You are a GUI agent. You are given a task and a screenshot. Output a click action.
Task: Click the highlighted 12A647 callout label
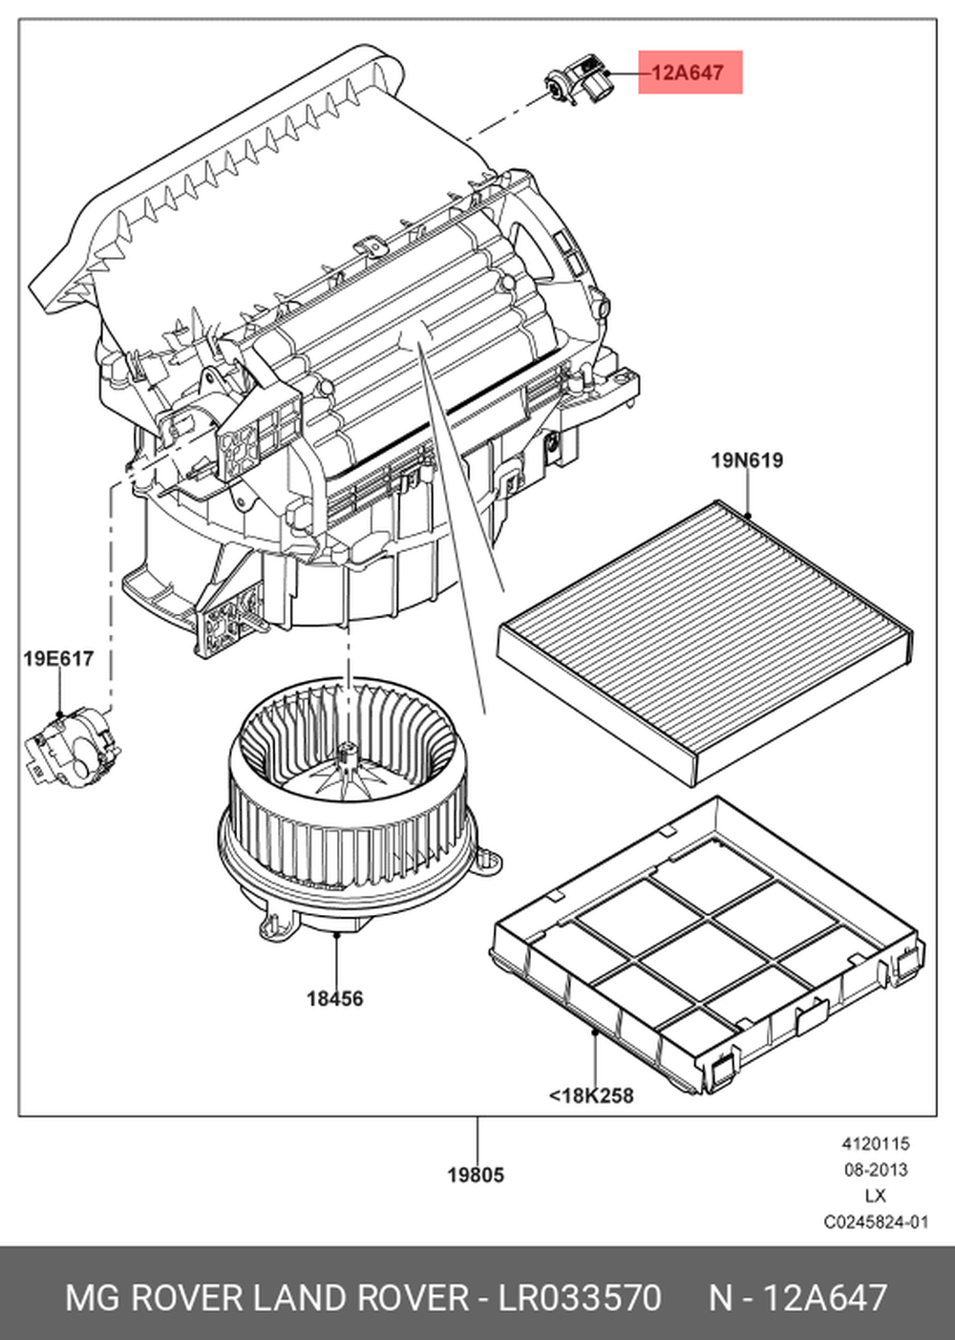click(689, 73)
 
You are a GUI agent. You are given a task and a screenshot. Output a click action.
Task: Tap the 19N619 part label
click(746, 460)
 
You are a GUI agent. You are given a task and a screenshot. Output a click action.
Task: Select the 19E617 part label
click(58, 658)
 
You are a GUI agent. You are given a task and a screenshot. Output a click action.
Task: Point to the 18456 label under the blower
click(334, 998)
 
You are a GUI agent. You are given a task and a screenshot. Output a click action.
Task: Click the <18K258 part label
click(591, 1095)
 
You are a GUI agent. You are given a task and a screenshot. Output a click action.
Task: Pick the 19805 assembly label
click(476, 1175)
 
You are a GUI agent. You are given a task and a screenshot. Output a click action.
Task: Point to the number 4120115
click(875, 1143)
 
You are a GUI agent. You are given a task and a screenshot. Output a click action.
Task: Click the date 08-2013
click(875, 1169)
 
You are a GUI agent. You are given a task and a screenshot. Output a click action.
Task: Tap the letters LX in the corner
click(875, 1195)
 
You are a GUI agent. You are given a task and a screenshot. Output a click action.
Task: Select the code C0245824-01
click(875, 1222)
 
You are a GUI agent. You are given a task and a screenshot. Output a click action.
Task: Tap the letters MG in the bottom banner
click(92, 1298)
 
